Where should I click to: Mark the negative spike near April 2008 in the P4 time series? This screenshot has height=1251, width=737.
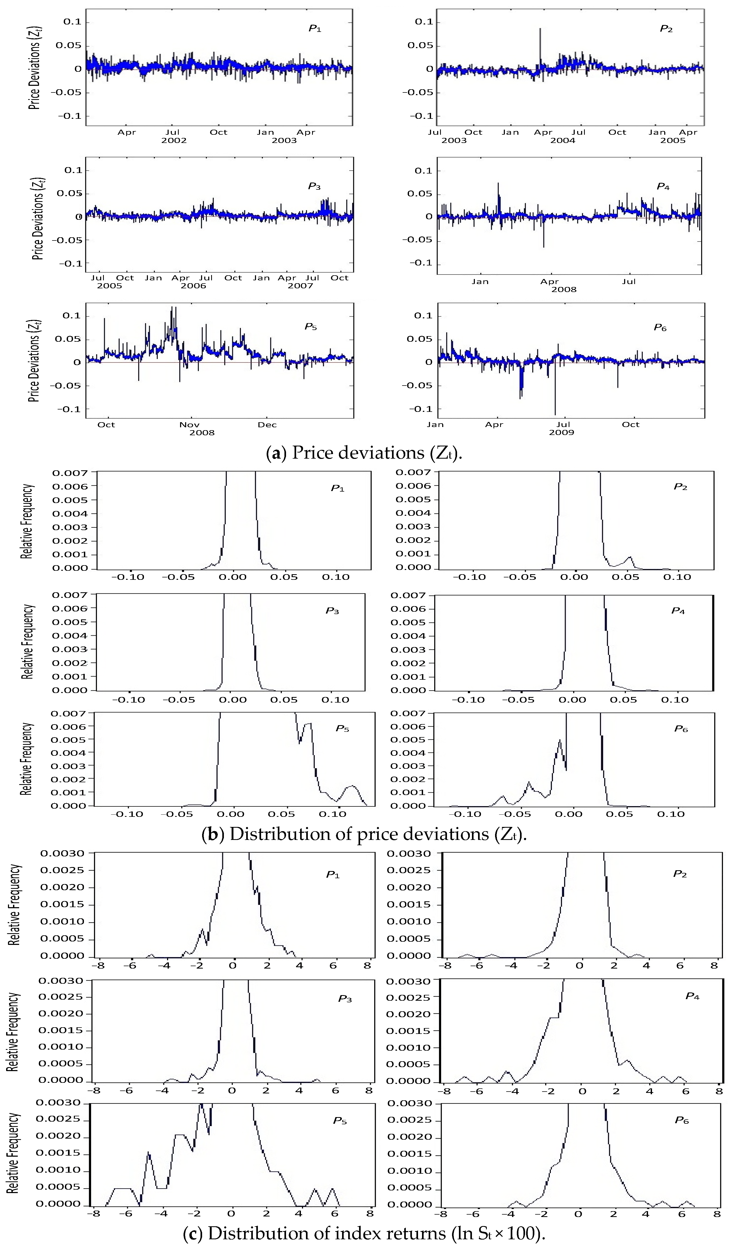(x=543, y=244)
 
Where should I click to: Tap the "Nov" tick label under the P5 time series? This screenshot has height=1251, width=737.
(x=189, y=425)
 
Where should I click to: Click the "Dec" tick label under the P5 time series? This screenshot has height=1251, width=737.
(x=267, y=425)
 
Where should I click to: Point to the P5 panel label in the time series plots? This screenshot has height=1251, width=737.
(x=311, y=327)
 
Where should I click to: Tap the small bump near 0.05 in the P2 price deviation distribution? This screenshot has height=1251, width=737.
(x=630, y=559)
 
